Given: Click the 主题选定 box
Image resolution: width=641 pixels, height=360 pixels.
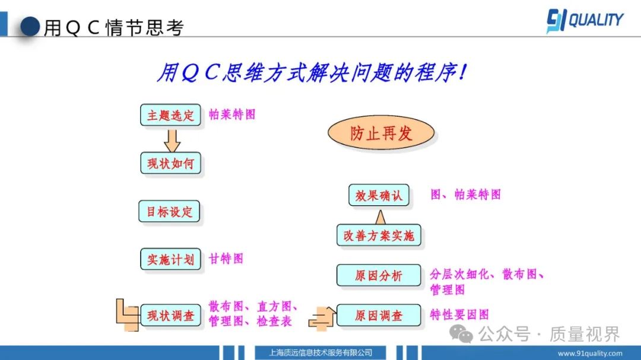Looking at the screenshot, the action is point(170,115).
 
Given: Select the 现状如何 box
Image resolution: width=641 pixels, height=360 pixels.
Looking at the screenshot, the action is point(170,163).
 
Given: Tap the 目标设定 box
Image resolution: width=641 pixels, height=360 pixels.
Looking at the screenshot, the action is point(169,211).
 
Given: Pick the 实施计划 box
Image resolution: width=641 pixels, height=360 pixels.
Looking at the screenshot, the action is point(170,259).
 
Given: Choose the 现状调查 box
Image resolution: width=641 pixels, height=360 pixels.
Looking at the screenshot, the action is point(170,315).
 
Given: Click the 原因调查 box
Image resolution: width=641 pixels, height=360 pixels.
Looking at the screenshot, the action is point(379,315).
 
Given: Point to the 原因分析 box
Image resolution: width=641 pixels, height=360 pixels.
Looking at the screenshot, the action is point(379,275).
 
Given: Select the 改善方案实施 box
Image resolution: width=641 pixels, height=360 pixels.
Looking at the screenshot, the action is point(379,235).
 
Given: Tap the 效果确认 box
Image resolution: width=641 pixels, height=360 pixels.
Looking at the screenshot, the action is point(379,195).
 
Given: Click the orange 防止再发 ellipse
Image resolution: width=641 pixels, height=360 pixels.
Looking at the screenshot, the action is point(381,133).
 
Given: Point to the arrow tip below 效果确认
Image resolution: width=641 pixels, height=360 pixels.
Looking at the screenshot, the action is point(380,211).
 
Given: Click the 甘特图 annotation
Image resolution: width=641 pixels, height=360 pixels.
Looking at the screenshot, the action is point(226,259).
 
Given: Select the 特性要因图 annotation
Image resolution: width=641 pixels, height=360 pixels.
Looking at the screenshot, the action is point(459,315).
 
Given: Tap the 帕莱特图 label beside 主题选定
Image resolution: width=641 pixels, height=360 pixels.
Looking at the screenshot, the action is point(232,114).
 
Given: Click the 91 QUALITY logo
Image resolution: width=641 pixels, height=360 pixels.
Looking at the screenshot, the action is point(585,20).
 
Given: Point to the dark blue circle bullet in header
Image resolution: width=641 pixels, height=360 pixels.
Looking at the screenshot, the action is point(30,27).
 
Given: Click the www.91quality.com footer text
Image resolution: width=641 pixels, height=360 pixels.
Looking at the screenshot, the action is point(590,353).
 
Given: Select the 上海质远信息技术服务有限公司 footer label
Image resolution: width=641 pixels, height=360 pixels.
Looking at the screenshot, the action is point(320,353).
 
